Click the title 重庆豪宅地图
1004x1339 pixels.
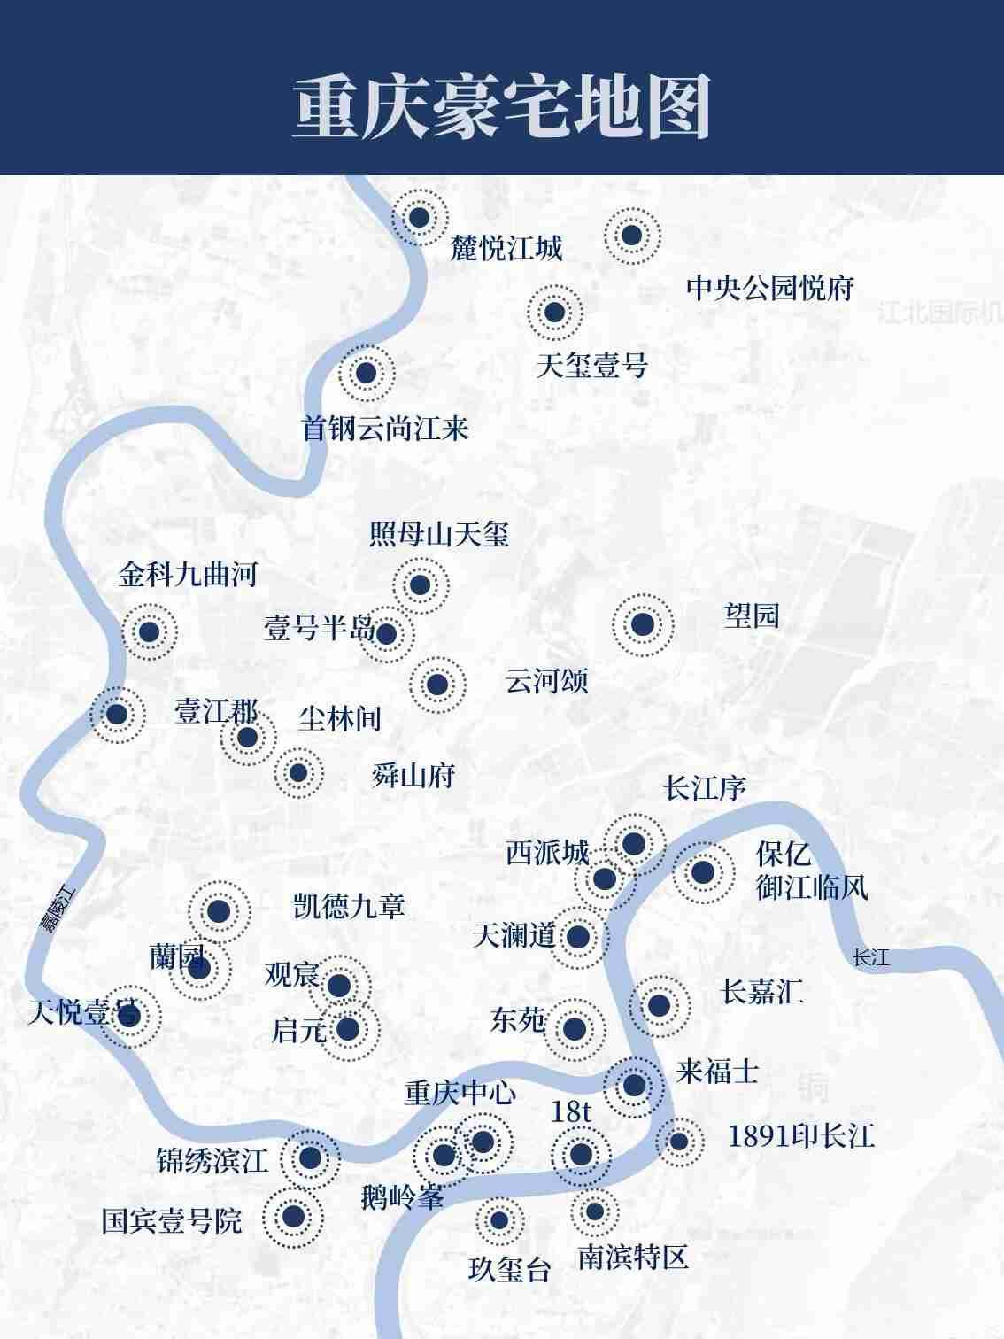[x=501, y=107]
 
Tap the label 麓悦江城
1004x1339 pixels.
[x=506, y=249]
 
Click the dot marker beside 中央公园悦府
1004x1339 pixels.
[x=631, y=236]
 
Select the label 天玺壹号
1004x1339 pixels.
[x=591, y=366]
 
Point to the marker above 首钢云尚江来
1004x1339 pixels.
[x=366, y=373]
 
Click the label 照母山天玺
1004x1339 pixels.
[x=439, y=535]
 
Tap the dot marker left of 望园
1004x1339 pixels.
[x=643, y=624]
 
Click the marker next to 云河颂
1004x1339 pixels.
[x=437, y=685]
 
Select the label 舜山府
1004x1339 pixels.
[x=413, y=776]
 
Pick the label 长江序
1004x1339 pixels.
[x=705, y=788]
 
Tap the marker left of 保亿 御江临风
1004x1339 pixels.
[x=703, y=872]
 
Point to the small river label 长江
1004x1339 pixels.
[x=870, y=957]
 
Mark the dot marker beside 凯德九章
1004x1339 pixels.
[x=219, y=911]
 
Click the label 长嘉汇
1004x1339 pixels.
[x=761, y=992]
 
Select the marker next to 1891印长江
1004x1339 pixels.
[x=679, y=1142]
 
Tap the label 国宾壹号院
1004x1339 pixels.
[x=172, y=1221]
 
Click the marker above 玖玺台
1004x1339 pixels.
[x=499, y=1220]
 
